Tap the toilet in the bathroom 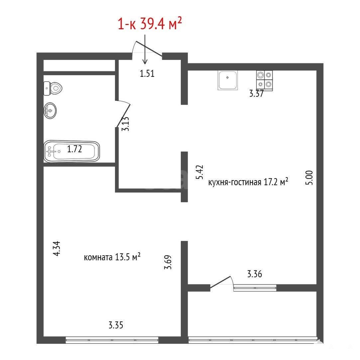[53, 88]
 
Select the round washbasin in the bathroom [50, 111]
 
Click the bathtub [71, 151]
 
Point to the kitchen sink [228, 80]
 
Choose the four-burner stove [265, 80]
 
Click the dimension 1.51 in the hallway [147, 73]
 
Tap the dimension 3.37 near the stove [256, 94]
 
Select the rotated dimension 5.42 [199, 172]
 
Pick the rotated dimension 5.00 [309, 178]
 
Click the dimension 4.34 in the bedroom [56, 248]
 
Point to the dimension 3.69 [168, 262]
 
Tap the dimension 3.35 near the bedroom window [116, 325]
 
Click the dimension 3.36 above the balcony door [255, 274]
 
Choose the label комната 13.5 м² [112, 257]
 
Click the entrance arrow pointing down [145, 49]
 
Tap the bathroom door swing [123, 114]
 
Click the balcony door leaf [220, 282]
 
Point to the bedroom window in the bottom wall [112, 340]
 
